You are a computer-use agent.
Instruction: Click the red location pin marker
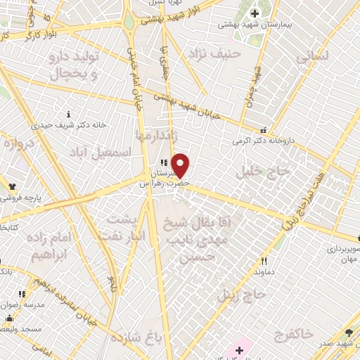(x=181, y=165)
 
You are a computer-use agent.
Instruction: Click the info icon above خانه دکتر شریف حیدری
(x=68, y=114)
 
